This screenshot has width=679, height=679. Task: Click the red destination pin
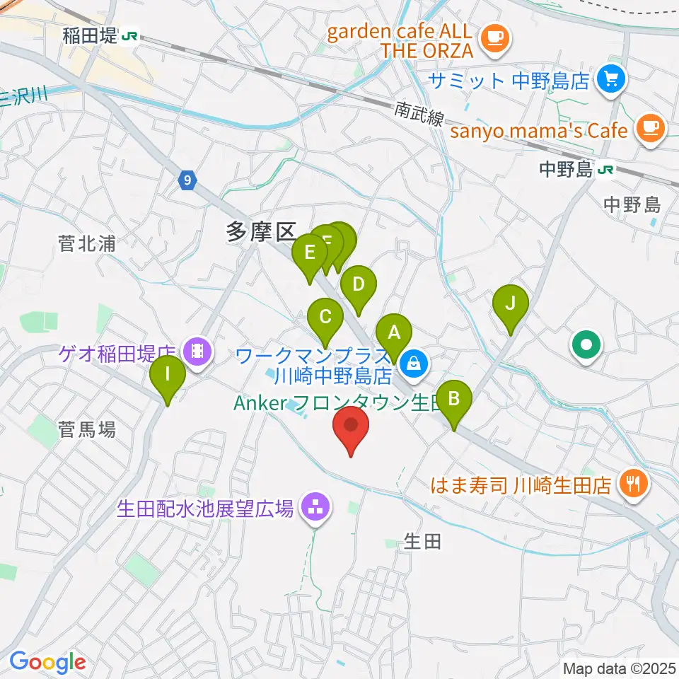(x=351, y=427)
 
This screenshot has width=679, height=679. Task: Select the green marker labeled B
(x=454, y=400)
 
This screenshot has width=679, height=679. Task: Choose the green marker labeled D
(x=359, y=286)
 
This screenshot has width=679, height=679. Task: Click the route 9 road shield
(x=186, y=181)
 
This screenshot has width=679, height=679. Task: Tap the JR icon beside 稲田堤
(x=129, y=35)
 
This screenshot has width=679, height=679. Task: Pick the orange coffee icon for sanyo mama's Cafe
(x=649, y=129)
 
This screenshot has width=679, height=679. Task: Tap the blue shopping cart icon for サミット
(x=612, y=79)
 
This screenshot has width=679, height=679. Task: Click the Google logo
(x=47, y=663)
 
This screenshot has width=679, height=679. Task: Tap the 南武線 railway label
(x=419, y=113)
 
